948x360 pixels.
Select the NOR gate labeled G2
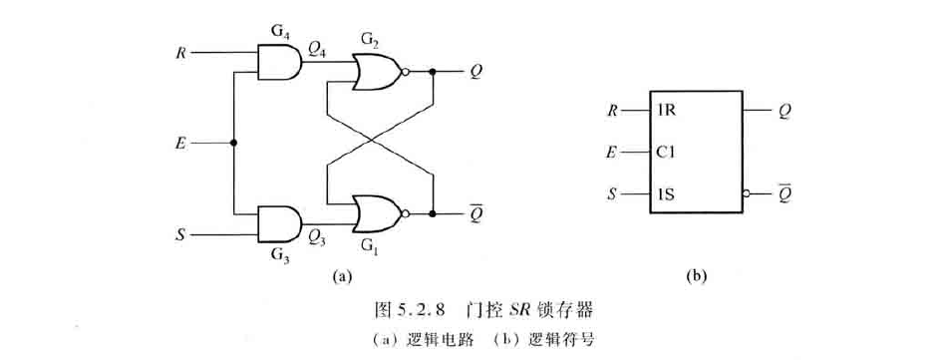(375, 72)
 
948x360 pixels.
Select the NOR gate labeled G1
(375, 212)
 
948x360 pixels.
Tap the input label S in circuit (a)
(179, 236)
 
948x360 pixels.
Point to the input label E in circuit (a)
(180, 143)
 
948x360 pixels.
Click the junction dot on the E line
(233, 143)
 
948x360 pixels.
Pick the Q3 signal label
(319, 236)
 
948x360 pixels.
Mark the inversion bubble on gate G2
(405, 72)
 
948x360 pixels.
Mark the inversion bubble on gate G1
(405, 212)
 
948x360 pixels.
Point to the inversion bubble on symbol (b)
(743, 195)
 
